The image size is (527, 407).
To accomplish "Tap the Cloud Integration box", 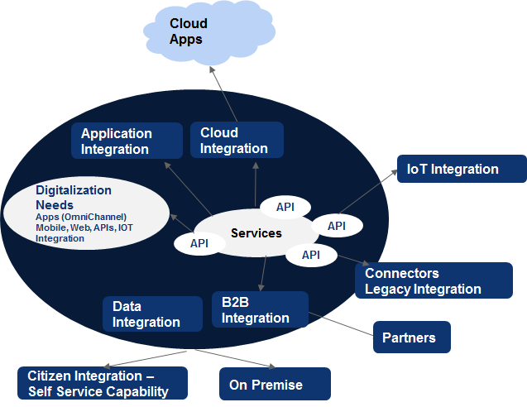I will (237, 140).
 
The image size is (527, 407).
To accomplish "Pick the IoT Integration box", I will (461, 169).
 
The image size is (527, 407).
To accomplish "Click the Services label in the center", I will (256, 233).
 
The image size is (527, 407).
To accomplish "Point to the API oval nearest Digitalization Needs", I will (199, 243).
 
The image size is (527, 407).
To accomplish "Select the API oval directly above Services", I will (285, 206).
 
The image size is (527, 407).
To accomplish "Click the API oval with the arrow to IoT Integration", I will (336, 225).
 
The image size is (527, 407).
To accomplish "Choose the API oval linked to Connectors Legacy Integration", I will (310, 255).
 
